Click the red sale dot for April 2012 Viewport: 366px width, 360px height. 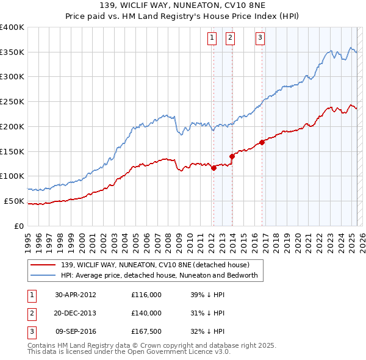[213, 168]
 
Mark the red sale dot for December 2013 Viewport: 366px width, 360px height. [232, 156]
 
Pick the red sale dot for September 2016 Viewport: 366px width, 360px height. [262, 143]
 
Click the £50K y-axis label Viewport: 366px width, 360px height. [13, 201]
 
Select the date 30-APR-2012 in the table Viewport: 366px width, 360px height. [75, 295]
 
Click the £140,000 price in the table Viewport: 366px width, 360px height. [146, 313]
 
